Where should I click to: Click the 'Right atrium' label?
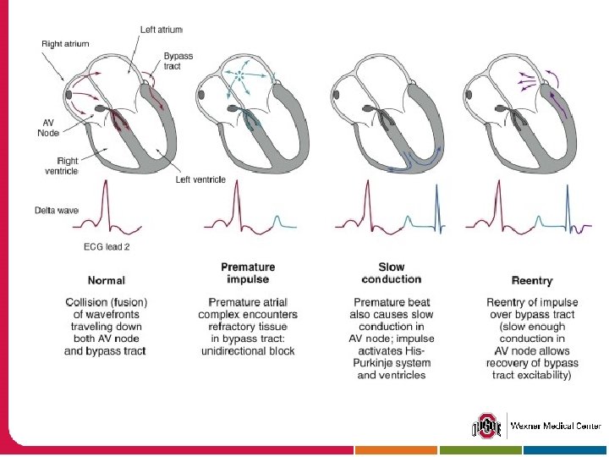pyautogui.click(x=65, y=42)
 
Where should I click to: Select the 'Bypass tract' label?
pyautogui.click(x=178, y=61)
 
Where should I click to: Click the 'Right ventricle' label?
pyautogui.click(x=67, y=165)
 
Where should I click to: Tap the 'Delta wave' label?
pyautogui.click(x=56, y=209)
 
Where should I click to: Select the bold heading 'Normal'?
pyautogui.click(x=106, y=280)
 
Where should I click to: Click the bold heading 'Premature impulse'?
pyautogui.click(x=247, y=273)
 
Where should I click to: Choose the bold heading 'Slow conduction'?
pyautogui.click(x=391, y=273)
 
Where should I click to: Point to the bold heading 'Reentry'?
pyautogui.click(x=532, y=280)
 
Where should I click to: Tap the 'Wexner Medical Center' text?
pyautogui.click(x=556, y=425)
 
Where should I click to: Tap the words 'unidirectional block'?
pyautogui.click(x=247, y=350)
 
